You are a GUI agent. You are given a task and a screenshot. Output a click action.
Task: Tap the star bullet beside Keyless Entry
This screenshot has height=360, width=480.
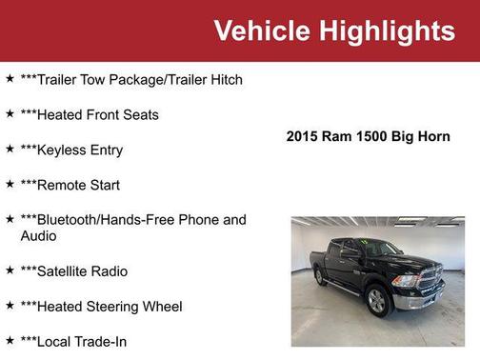pos(10,149)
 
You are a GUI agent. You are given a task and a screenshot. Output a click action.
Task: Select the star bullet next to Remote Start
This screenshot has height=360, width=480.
pos(10,184)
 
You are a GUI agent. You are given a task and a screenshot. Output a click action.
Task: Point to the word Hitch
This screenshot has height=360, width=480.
pos(224,79)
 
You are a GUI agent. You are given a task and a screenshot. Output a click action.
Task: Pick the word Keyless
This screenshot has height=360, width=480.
pos(61,150)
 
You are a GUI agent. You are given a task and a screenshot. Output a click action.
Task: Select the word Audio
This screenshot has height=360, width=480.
pos(39,235)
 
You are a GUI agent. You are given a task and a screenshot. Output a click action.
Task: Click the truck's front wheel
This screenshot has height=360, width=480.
pos(377,301)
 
